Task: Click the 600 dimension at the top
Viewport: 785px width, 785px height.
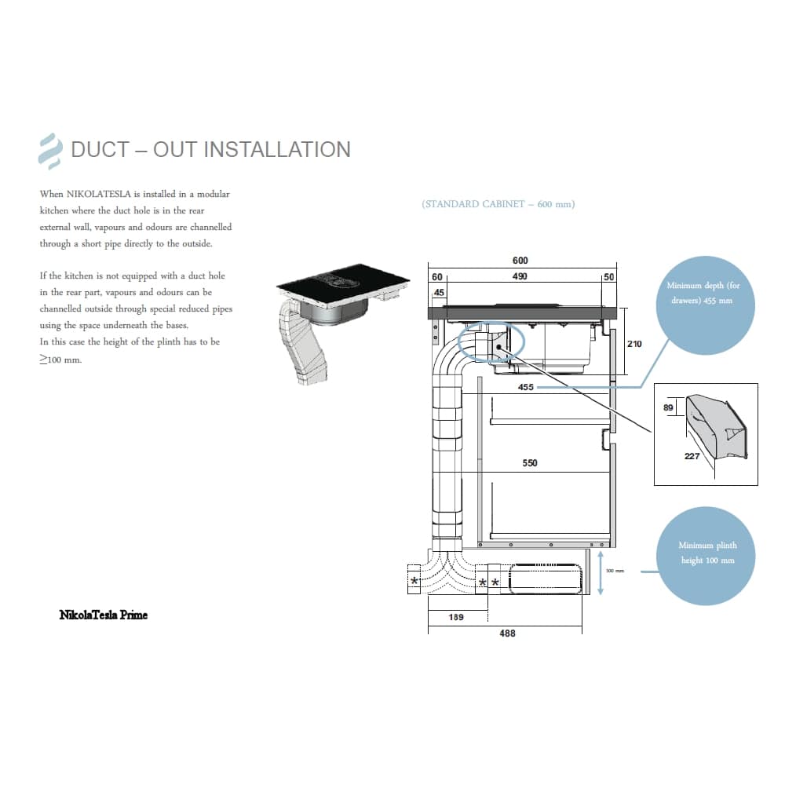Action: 520,261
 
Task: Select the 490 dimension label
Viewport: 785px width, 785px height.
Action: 520,276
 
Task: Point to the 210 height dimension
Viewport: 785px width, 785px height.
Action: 634,344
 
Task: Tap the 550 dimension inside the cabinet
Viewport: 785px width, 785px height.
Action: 530,463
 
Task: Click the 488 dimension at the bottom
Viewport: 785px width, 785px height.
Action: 508,633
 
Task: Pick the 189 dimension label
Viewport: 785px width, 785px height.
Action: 455,617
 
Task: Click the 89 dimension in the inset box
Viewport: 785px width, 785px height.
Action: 670,408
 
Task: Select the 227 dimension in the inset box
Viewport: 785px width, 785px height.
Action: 692,456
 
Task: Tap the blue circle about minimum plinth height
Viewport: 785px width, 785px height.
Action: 707,553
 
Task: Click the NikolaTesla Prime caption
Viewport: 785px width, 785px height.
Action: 103,615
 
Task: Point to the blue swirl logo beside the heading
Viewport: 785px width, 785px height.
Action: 50,152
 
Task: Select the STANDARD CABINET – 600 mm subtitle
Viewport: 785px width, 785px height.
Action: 498,204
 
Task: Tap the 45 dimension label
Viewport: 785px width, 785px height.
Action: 438,293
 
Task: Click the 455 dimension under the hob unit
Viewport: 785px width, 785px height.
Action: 526,387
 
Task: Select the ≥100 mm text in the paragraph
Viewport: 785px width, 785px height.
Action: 61,359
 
